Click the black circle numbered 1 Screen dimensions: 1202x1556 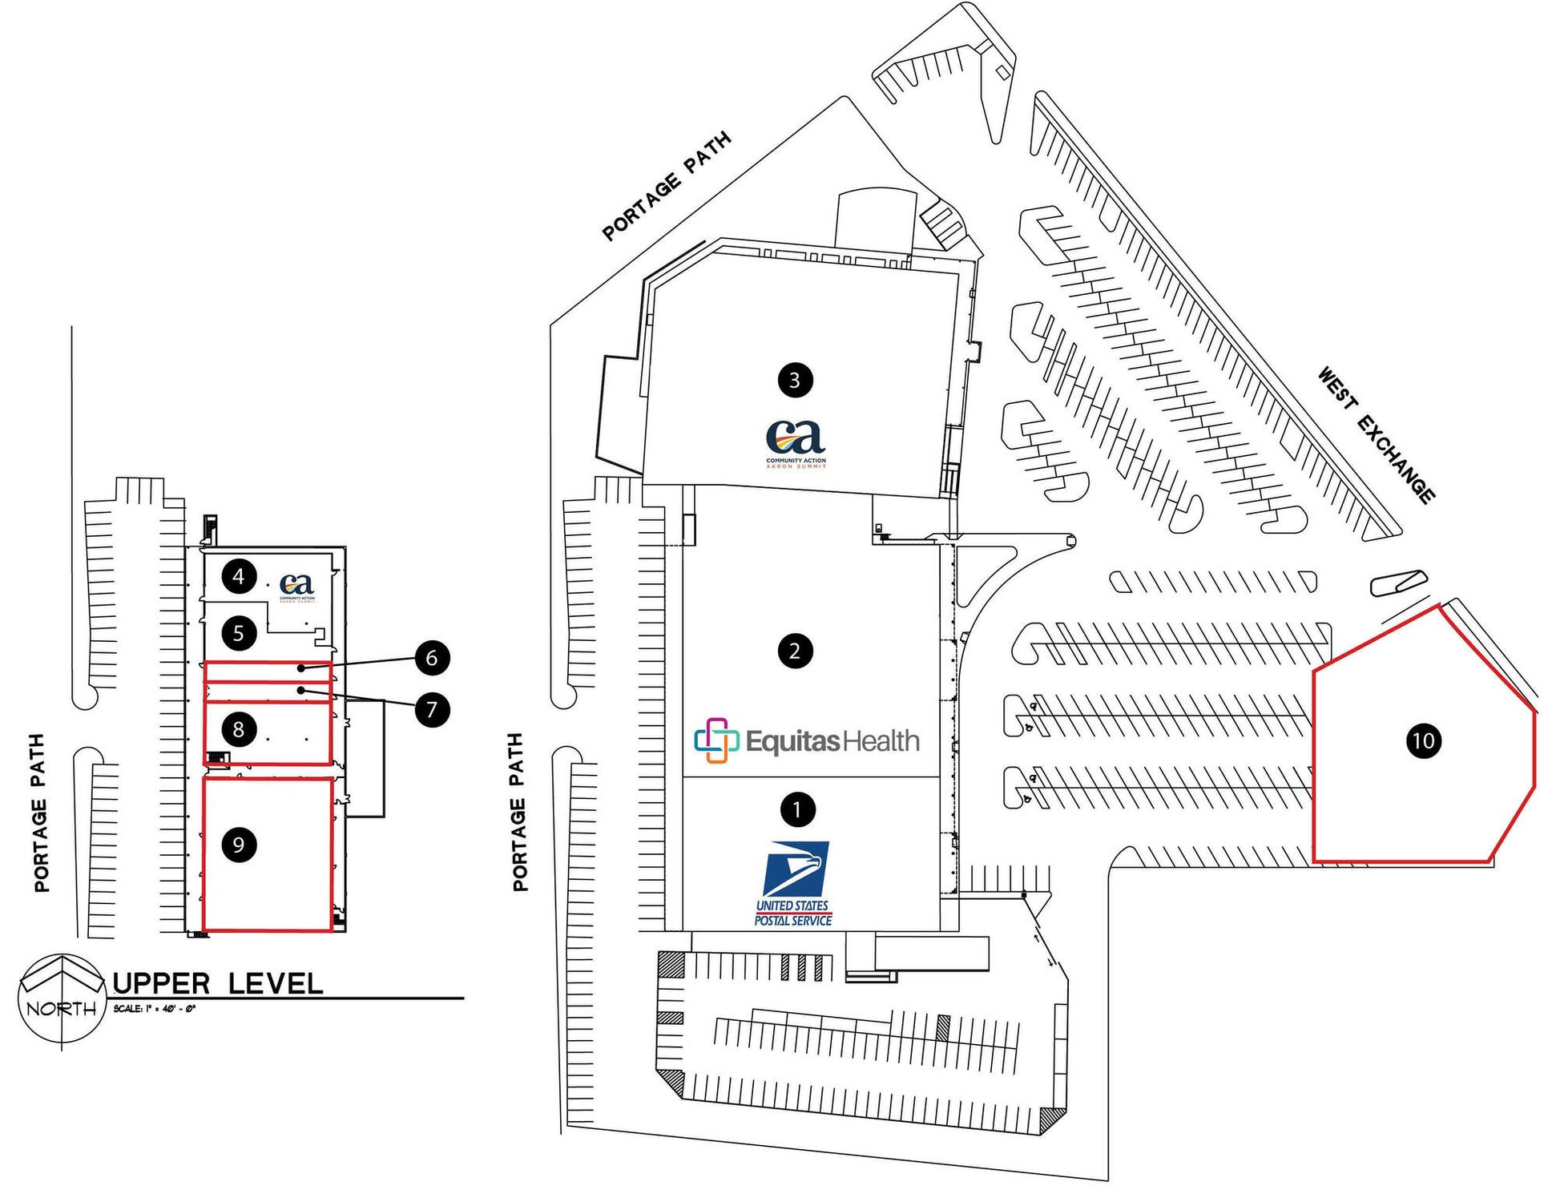[x=796, y=809]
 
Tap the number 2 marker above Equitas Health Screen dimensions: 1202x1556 [x=794, y=651]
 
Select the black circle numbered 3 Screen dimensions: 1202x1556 [x=795, y=379]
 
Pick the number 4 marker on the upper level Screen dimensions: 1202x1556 [x=239, y=576]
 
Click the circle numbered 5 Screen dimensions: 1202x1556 [x=239, y=634]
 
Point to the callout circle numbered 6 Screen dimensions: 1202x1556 [x=432, y=658]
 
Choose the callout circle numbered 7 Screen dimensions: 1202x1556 [x=432, y=709]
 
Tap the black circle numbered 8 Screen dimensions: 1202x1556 [x=239, y=729]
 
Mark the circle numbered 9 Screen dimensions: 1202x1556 [x=239, y=844]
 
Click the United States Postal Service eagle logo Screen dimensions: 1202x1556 [x=795, y=869]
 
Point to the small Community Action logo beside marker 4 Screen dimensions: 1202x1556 [x=297, y=585]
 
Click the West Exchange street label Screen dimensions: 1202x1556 [x=1377, y=434]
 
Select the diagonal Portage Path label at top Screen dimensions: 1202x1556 [x=667, y=186]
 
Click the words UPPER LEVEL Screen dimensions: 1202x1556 [x=218, y=983]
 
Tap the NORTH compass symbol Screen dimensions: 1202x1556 [x=62, y=1000]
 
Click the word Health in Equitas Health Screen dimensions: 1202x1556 [x=879, y=740]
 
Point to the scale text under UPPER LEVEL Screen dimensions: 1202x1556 [x=155, y=1008]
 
